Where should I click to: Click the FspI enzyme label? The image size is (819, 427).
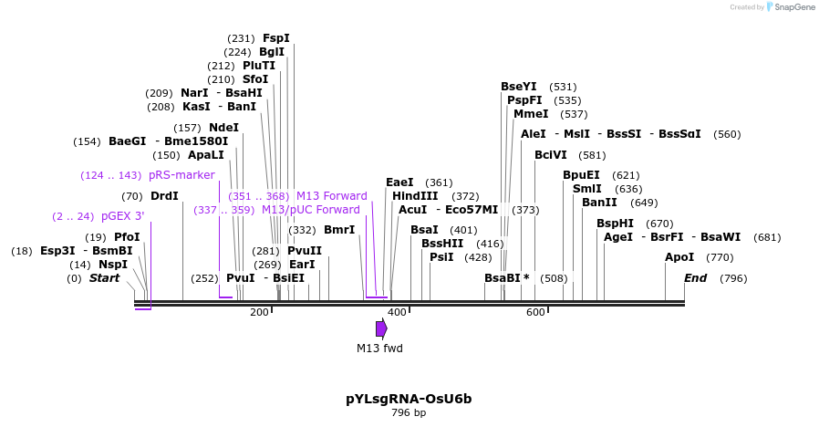[x=275, y=38]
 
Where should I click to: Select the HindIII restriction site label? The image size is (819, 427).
[x=415, y=196]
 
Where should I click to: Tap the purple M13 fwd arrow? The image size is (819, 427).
[x=381, y=328]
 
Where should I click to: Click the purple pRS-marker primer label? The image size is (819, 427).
[x=181, y=175]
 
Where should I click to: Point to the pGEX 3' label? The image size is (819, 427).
[x=122, y=216]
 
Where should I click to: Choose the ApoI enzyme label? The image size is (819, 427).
[x=679, y=257]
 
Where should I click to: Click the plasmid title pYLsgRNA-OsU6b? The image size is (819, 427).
[x=409, y=399]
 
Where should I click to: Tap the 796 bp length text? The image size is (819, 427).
[x=409, y=413]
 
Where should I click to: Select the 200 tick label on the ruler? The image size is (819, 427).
[x=260, y=312]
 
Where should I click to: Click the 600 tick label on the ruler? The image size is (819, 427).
[x=535, y=312]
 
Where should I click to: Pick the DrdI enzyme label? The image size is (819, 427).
[x=164, y=196]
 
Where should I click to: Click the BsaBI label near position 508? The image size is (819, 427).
[x=506, y=278]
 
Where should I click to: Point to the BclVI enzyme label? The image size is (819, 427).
[x=551, y=155]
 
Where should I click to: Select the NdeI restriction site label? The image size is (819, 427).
[x=223, y=128]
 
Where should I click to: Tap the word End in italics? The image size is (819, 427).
[x=695, y=278]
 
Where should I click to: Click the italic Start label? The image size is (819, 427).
[x=104, y=278]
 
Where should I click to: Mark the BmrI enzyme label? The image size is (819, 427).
[x=339, y=230]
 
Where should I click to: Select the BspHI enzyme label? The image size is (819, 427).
[x=615, y=224]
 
